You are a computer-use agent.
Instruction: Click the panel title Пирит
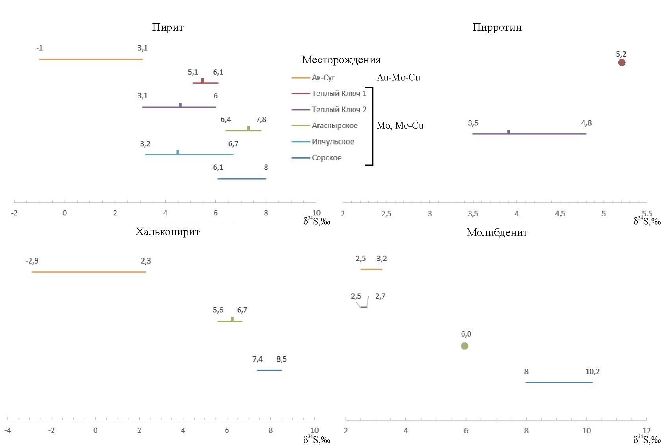point(167,27)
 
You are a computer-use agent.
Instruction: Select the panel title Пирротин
point(497,27)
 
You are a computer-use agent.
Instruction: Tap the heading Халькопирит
point(167,232)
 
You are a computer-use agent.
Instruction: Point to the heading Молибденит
point(497,232)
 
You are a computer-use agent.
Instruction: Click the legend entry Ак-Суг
point(323,78)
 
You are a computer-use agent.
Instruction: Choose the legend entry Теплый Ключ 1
point(339,93)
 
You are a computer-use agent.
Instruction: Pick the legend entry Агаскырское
point(334,125)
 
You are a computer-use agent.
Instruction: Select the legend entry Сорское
point(327,157)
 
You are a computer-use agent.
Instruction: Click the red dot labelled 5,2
point(622,62)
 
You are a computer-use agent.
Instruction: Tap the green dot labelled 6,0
point(465,346)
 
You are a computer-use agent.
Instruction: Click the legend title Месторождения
point(341,60)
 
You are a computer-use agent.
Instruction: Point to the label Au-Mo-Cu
point(398,77)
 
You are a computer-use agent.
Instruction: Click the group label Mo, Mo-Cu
point(400,125)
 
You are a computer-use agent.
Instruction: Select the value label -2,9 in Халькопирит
point(32,261)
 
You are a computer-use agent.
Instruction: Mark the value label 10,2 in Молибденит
point(592,372)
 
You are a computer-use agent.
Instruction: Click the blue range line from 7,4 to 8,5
point(269,370)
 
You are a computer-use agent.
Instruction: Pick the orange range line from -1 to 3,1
point(91,59)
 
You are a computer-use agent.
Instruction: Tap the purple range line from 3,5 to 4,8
point(529,134)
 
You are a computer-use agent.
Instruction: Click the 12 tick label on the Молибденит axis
point(646,430)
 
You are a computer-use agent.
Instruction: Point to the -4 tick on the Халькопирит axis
point(8,430)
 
